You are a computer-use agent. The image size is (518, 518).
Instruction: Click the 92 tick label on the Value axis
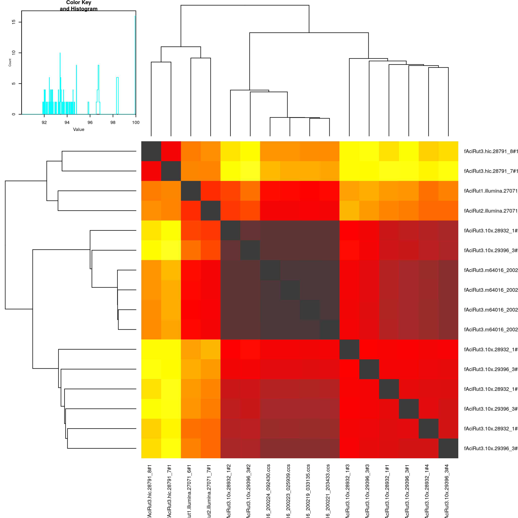click(44, 122)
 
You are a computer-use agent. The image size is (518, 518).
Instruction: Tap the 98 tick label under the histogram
click(113, 122)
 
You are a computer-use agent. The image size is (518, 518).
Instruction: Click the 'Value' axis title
click(79, 129)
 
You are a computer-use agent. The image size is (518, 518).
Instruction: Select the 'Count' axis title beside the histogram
click(10, 62)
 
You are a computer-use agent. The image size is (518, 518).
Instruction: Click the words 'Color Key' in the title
click(79, 3)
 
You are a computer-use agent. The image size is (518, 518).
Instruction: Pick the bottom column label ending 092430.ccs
click(268, 491)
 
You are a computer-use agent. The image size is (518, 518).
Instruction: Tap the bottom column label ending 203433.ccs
click(328, 491)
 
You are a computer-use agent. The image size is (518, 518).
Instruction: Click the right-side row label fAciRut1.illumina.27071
click(491, 191)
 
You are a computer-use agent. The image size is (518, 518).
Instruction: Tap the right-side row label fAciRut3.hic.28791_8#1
click(491, 151)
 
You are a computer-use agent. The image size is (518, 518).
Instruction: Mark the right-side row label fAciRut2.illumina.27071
click(491, 211)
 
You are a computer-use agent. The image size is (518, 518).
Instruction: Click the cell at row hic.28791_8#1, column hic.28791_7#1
click(171, 151)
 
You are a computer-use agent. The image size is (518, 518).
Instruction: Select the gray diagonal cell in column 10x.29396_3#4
click(448, 448)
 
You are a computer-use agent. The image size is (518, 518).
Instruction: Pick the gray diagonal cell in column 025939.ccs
click(290, 290)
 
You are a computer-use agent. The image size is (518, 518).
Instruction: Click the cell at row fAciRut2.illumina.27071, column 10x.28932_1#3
click(349, 211)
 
